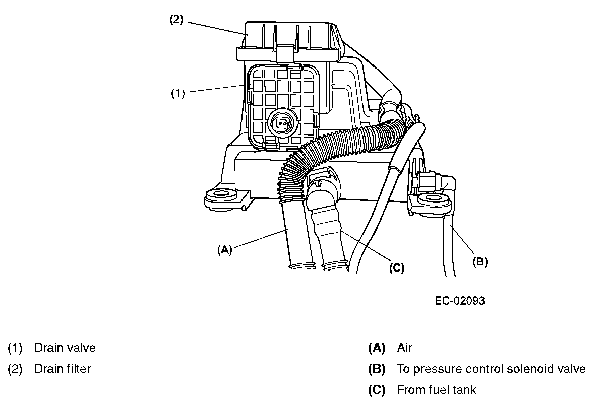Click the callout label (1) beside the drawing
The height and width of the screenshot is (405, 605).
coord(177,93)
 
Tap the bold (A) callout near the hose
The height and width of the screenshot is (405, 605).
coord(224,249)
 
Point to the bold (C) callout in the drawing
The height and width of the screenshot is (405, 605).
coord(397,268)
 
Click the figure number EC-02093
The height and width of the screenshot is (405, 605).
coord(460,301)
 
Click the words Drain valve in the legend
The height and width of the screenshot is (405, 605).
coord(65,348)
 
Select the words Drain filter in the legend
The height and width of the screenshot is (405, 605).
coord(62,369)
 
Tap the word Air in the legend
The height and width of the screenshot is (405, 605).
coord(404,348)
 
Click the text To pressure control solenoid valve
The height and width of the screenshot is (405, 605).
coord(491,369)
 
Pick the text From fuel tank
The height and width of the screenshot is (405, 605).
coord(437,390)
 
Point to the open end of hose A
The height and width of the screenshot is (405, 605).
coord(302,265)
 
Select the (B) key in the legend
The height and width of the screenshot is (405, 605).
coord(377,369)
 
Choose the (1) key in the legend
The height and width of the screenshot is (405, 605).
coord(15,348)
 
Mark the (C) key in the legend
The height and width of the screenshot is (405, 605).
coord(377,390)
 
